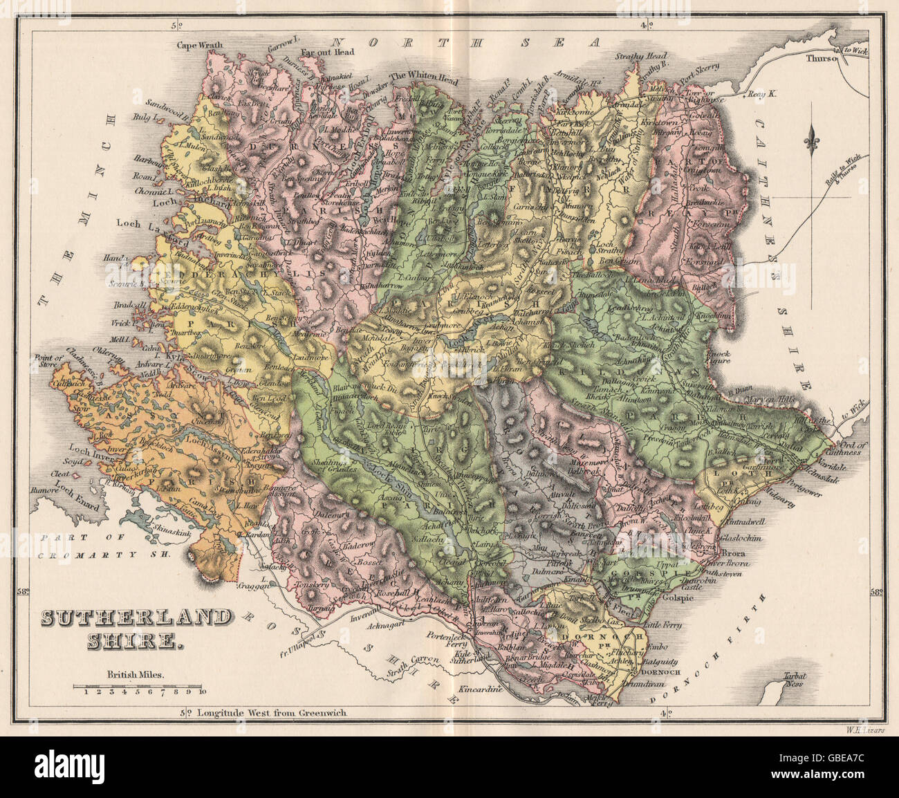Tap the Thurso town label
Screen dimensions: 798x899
[x=820, y=59]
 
